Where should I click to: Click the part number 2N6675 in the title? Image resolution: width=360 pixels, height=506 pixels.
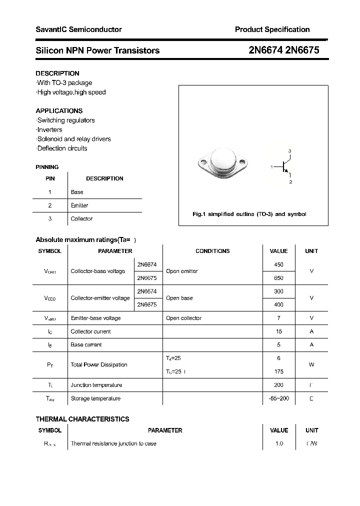(x=302, y=50)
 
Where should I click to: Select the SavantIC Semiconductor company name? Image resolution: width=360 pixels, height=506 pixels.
(x=78, y=29)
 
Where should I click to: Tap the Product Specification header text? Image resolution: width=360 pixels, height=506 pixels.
(x=272, y=29)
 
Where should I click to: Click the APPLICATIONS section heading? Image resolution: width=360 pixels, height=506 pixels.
(x=59, y=111)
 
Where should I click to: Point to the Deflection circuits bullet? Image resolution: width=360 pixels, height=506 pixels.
(x=62, y=148)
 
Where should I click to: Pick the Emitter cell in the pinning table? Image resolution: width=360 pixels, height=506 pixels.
(x=79, y=205)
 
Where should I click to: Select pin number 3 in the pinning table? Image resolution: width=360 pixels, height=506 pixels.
(x=49, y=219)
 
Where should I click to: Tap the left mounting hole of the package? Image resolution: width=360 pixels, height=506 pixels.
(x=203, y=162)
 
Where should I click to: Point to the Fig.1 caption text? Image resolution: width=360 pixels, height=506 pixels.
(x=249, y=214)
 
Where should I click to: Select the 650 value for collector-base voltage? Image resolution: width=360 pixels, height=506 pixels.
(x=278, y=278)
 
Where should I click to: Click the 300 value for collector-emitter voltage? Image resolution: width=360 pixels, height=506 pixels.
(x=278, y=291)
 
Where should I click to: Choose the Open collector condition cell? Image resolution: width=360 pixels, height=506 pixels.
(x=183, y=318)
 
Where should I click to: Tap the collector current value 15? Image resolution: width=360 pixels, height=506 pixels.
(x=278, y=331)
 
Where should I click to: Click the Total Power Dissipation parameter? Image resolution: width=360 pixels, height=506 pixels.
(x=99, y=365)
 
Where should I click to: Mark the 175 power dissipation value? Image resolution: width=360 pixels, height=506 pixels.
(x=278, y=371)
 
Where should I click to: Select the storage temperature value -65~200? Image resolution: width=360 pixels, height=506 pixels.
(x=278, y=398)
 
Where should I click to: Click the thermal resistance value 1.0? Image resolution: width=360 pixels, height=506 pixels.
(x=278, y=443)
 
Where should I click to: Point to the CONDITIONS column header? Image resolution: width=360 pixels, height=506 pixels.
(x=212, y=251)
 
